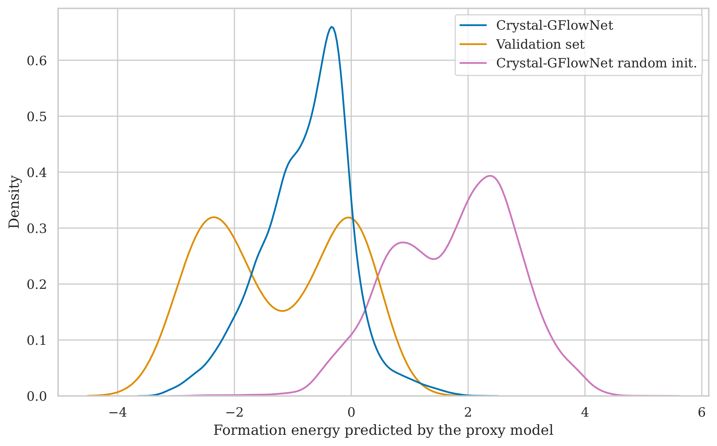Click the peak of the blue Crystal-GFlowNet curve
coord(332,27)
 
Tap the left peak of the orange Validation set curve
coord(214,217)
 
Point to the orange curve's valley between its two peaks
coord(282,311)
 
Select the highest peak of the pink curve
coord(490,176)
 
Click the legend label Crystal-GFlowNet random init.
coord(596,63)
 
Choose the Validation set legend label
coord(540,44)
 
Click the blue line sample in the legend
coord(473,25)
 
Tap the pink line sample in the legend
coord(473,63)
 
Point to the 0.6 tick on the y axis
coord(37,61)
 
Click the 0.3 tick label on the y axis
coord(37,229)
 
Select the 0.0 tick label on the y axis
coord(37,397)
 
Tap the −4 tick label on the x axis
coord(118,412)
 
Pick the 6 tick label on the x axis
coord(702,412)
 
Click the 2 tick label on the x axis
coord(468,412)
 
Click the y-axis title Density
coord(14,202)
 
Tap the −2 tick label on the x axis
coord(234,412)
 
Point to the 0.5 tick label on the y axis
coord(37,117)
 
